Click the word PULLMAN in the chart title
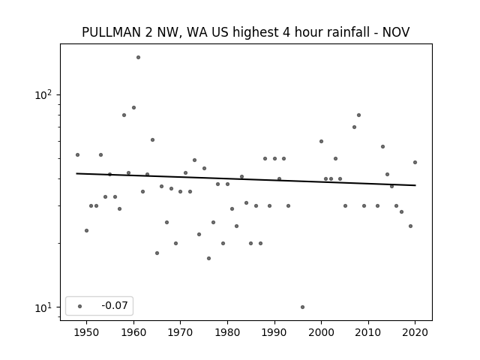(x=112, y=32)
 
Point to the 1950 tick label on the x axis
(x=87, y=332)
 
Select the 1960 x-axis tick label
(x=133, y=332)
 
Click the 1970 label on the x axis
(x=181, y=332)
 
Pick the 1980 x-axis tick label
(x=227, y=332)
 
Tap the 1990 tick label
(x=274, y=332)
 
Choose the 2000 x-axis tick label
(x=322, y=332)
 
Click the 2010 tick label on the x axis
(x=368, y=332)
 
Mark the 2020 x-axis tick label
(x=415, y=332)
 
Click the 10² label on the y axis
(x=43, y=95)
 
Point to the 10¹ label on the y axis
(x=43, y=307)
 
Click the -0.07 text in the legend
(x=115, y=305)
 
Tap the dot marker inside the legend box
(x=80, y=306)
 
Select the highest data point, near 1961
(x=138, y=57)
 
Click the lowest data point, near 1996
(x=302, y=307)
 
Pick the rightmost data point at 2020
(x=415, y=162)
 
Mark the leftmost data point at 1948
(x=77, y=155)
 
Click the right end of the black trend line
(x=415, y=185)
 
